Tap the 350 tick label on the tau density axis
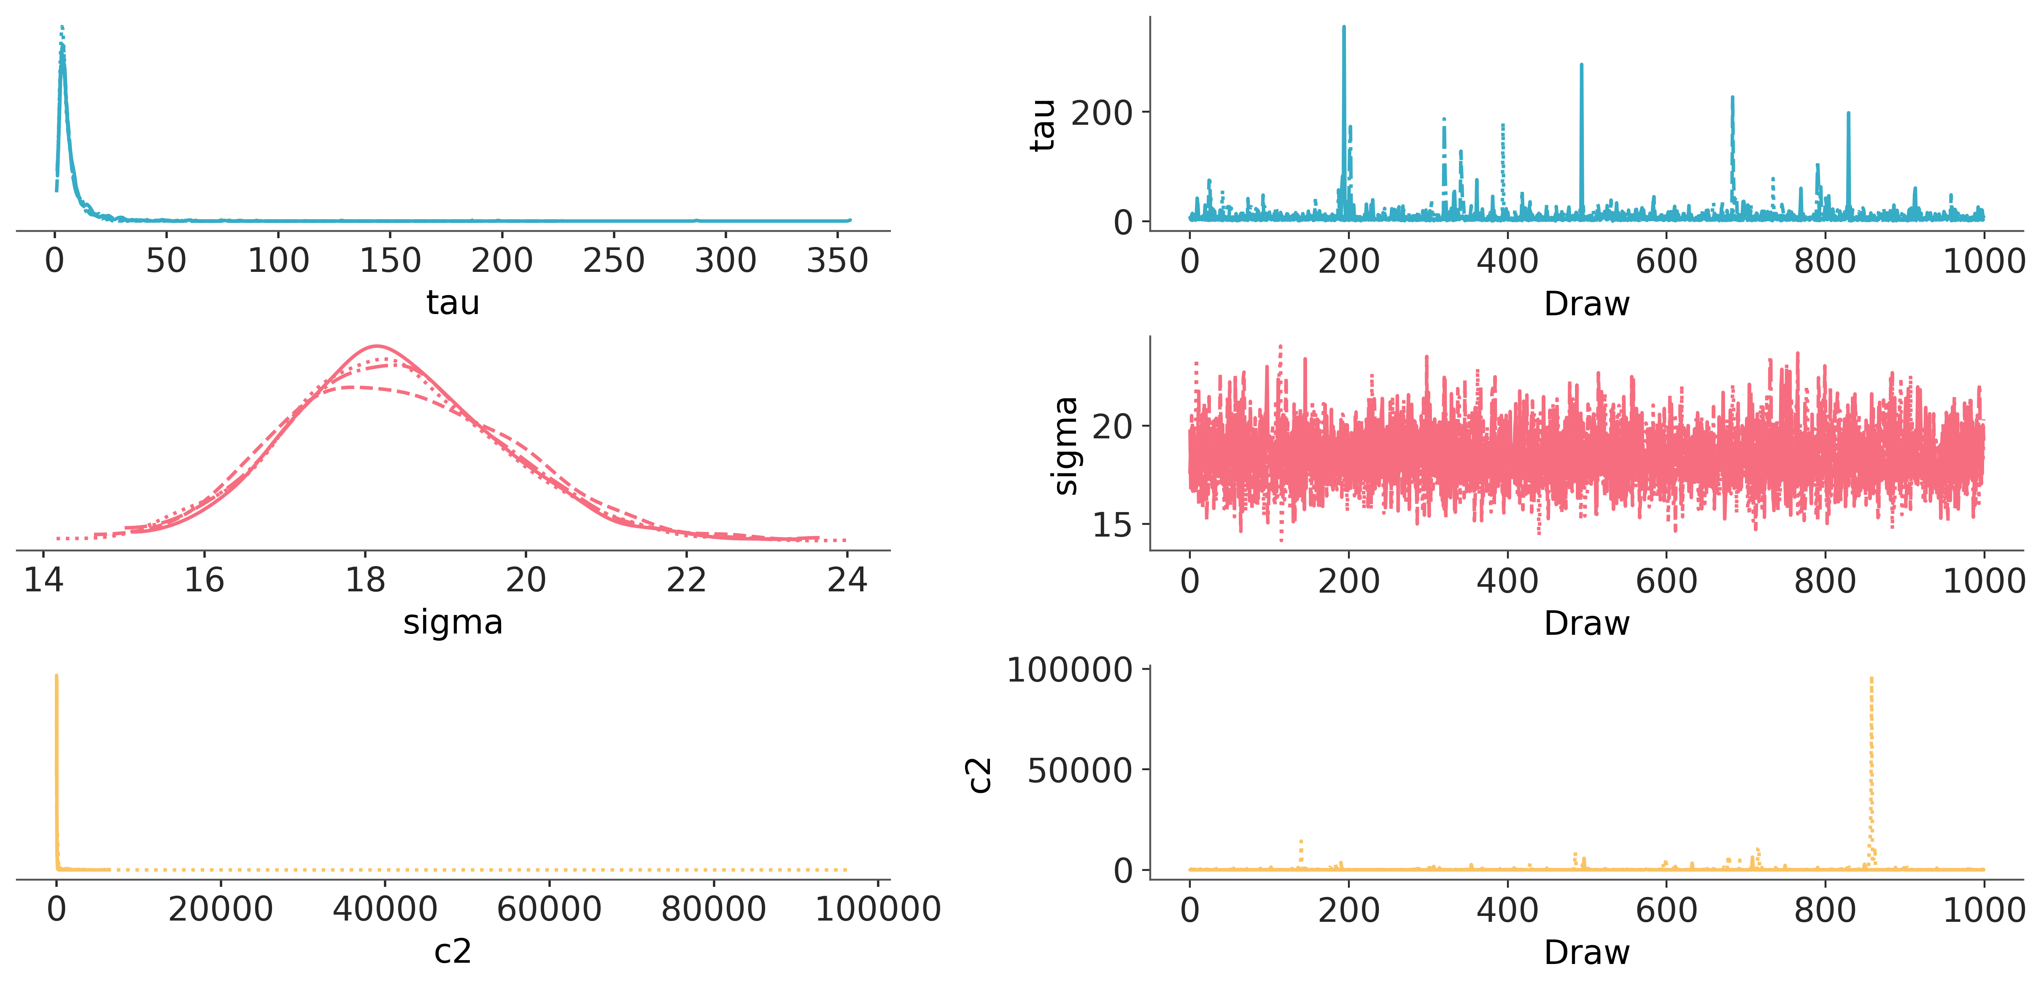pyautogui.click(x=837, y=260)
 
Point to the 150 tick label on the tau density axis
pyautogui.click(x=390, y=260)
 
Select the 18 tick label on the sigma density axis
pyautogui.click(x=365, y=580)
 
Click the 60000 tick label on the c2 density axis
pyautogui.click(x=549, y=909)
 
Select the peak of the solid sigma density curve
pyautogui.click(x=377, y=346)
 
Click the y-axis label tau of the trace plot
pyautogui.click(x=1043, y=125)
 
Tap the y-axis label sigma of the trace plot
pyautogui.click(x=1065, y=446)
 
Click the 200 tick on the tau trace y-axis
pyautogui.click(x=1101, y=113)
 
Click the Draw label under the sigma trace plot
pyautogui.click(x=1586, y=623)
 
